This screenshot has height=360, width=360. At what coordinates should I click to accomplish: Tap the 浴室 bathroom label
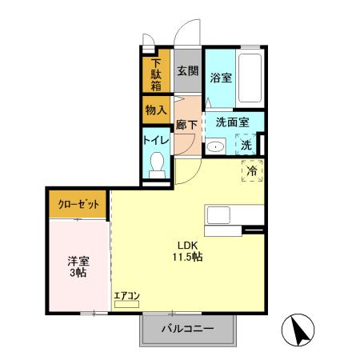coord(221,78)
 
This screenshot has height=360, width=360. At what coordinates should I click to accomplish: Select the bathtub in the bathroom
coord(251,78)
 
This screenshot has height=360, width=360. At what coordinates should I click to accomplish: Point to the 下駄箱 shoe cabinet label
coord(155,75)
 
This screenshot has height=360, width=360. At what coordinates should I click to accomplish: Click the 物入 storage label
coord(155,110)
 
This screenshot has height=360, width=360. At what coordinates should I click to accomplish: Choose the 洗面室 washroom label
coord(232,122)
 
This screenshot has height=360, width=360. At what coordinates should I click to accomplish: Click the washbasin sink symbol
coord(215,147)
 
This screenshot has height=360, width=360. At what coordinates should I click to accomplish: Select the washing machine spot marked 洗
coord(247,146)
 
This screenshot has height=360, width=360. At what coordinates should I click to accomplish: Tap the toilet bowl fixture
coord(157,166)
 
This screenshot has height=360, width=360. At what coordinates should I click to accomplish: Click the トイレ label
coord(155,140)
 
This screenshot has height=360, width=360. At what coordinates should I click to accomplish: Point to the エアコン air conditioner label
coord(126,296)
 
